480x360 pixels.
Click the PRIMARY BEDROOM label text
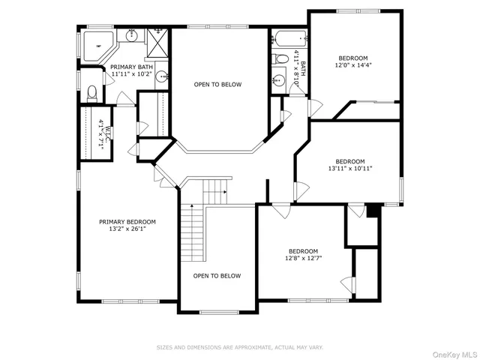[127, 221]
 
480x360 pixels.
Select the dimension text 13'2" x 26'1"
[127, 229]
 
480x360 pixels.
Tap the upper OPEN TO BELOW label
[217, 85]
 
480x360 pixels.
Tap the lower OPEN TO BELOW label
[217, 276]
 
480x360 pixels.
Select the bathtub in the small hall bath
[288, 38]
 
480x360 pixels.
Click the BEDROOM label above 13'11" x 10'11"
[349, 161]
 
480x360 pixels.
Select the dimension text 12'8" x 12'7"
[304, 259]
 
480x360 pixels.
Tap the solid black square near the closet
[371, 211]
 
